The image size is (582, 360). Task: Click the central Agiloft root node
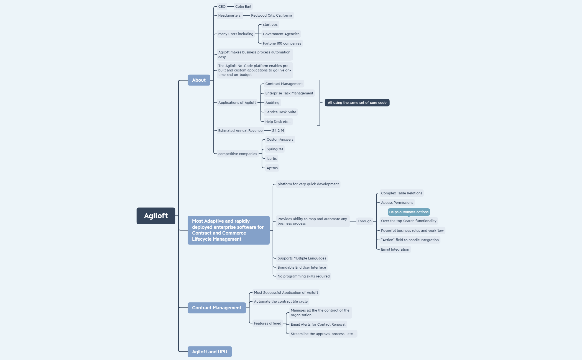point(156,216)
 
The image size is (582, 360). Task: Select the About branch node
point(199,80)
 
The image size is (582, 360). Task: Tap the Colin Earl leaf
point(243,6)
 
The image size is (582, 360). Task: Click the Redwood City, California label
point(271,15)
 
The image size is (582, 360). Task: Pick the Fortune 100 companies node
point(282,43)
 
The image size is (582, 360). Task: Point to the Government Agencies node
point(281,34)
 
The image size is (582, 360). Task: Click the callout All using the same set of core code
point(357,102)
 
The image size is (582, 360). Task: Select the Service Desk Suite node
point(280,112)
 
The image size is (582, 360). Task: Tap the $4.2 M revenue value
point(278,130)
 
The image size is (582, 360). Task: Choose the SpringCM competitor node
point(274,149)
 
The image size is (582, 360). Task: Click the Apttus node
point(272,168)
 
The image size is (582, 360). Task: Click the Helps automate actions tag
point(409,212)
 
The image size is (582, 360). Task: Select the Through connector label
point(364,221)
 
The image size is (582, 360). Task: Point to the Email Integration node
point(395,249)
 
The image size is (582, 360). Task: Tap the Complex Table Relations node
point(401,193)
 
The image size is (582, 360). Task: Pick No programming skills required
point(303,276)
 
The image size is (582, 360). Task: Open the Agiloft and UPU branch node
point(210,352)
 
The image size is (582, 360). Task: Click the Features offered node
point(267,323)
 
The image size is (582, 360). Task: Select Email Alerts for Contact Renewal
point(318,324)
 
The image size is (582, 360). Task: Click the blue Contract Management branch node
point(216,308)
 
